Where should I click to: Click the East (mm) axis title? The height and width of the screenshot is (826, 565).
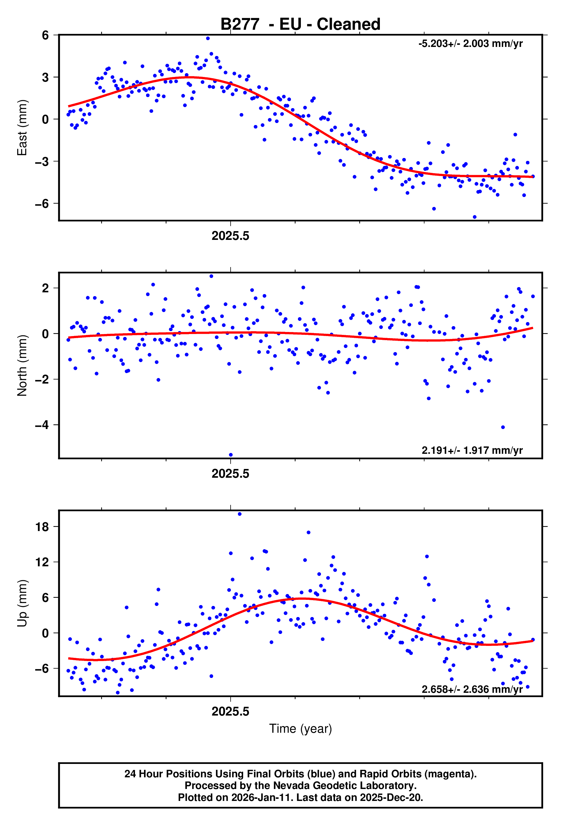22,128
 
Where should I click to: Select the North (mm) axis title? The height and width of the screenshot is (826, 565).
22,365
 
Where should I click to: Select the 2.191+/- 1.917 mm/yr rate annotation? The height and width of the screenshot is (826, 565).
472,450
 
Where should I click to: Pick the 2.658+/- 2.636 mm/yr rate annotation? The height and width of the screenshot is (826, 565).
472,689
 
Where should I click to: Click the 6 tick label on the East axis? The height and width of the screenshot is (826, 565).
45,35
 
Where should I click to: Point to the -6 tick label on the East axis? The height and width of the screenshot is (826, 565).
42,204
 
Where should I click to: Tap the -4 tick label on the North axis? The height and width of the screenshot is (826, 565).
42,425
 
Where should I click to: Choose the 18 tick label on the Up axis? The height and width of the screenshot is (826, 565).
42,527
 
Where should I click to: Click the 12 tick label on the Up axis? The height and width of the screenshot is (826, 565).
42,562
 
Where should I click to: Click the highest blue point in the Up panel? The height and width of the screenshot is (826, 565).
240,514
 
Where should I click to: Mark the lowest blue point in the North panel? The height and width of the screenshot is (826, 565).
231,455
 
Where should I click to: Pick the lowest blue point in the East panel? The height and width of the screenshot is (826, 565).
474,217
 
